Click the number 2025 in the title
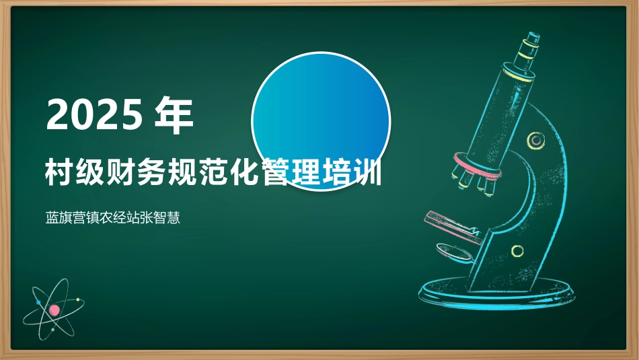tap(95, 115)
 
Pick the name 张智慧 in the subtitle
tap(160, 218)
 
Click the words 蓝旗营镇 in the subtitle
tap(72, 218)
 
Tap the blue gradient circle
tap(321, 121)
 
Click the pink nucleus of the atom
tap(54, 310)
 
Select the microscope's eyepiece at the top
tap(529, 50)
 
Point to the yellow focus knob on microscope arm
tap(535, 141)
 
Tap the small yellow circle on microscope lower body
tap(517, 251)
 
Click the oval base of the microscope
tap(497, 292)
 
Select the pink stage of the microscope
tap(453, 226)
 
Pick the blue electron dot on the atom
tap(39, 303)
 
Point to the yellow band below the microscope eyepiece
tap(517, 75)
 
